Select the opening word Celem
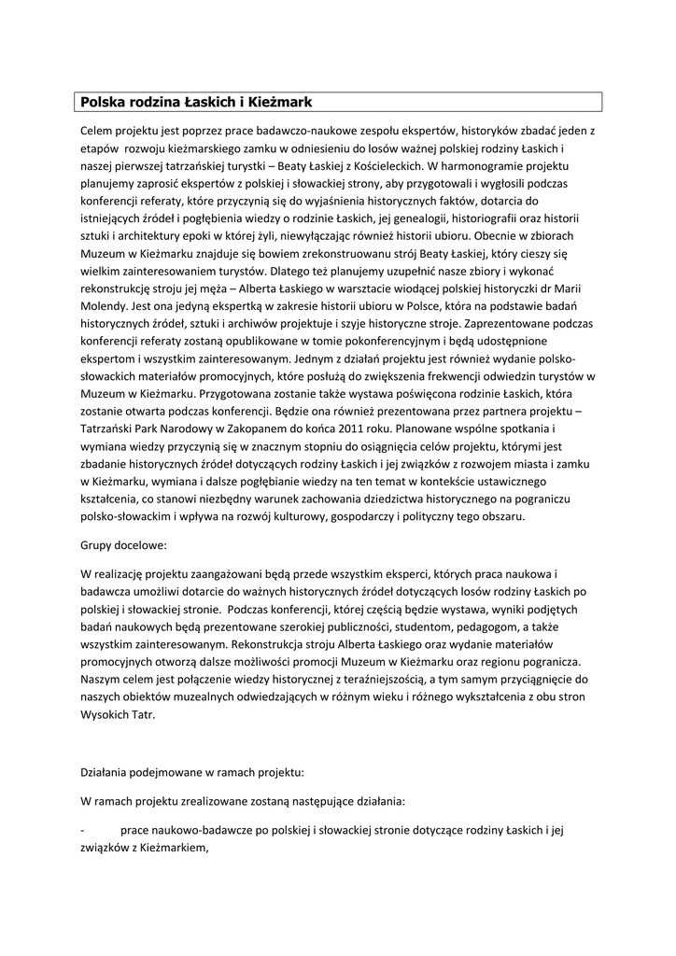[99, 131]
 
